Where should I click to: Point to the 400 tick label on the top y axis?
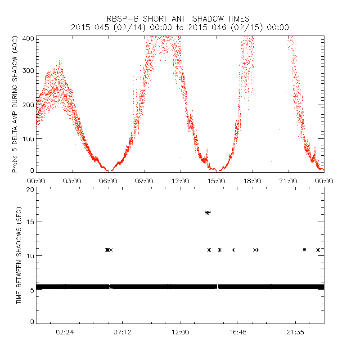point(29,39)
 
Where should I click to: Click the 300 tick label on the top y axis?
point(29,71)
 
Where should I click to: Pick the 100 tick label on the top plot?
point(29,138)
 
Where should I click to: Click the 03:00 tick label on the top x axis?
point(72,181)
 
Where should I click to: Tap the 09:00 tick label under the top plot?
point(144,181)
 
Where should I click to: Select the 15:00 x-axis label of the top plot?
point(216,181)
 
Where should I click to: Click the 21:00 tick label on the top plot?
point(288,181)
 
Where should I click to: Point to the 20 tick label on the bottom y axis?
point(31,189)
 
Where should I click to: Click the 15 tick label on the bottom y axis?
point(31,221)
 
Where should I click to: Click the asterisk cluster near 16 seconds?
point(208,212)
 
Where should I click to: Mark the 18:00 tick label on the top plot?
point(252,181)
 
